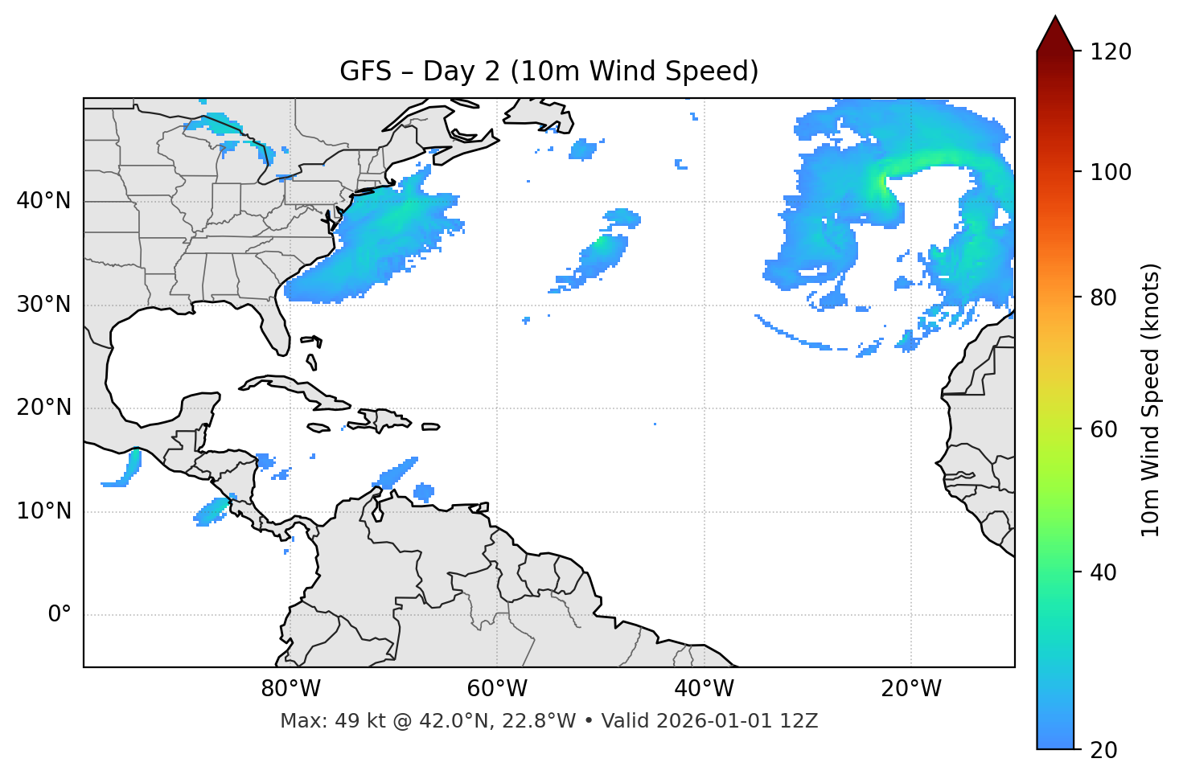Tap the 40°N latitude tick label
(x=43, y=201)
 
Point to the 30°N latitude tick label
(x=43, y=305)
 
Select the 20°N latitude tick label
(x=43, y=408)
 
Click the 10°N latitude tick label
(x=43, y=511)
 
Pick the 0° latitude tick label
(x=59, y=615)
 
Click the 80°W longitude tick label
(x=290, y=689)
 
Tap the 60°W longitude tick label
(x=497, y=689)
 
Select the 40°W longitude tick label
(x=704, y=689)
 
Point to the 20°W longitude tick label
(x=910, y=689)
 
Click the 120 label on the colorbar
(x=1111, y=52)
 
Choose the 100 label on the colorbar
(x=1111, y=172)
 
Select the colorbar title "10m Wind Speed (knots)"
(x=1151, y=400)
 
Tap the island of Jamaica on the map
(x=318, y=428)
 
